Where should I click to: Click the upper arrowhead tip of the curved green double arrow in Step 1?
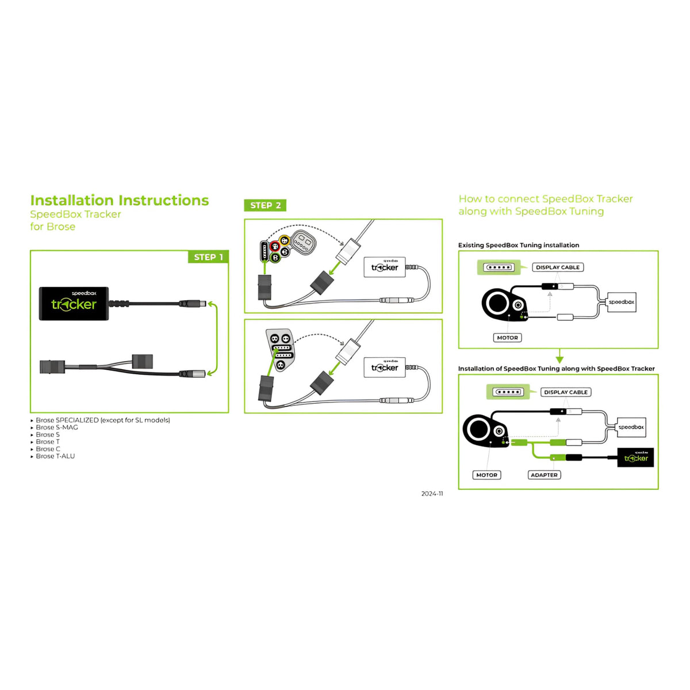208,303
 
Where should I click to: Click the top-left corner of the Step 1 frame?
30,250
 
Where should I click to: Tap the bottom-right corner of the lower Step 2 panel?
442,413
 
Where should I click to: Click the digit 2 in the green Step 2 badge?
278,205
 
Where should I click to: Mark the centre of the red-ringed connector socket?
275,246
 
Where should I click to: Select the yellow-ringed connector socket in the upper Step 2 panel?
284,240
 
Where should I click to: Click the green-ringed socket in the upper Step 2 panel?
275,257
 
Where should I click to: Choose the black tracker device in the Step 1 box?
74,303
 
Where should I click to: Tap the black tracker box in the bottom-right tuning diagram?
635,457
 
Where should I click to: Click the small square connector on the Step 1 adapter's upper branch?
143,361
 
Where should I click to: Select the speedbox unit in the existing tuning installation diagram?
622,302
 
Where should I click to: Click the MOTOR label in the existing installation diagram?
507,338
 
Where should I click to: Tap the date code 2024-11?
432,493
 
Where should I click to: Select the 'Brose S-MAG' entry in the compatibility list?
57,427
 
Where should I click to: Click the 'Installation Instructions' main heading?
119,200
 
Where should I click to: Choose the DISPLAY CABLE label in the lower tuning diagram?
566,392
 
